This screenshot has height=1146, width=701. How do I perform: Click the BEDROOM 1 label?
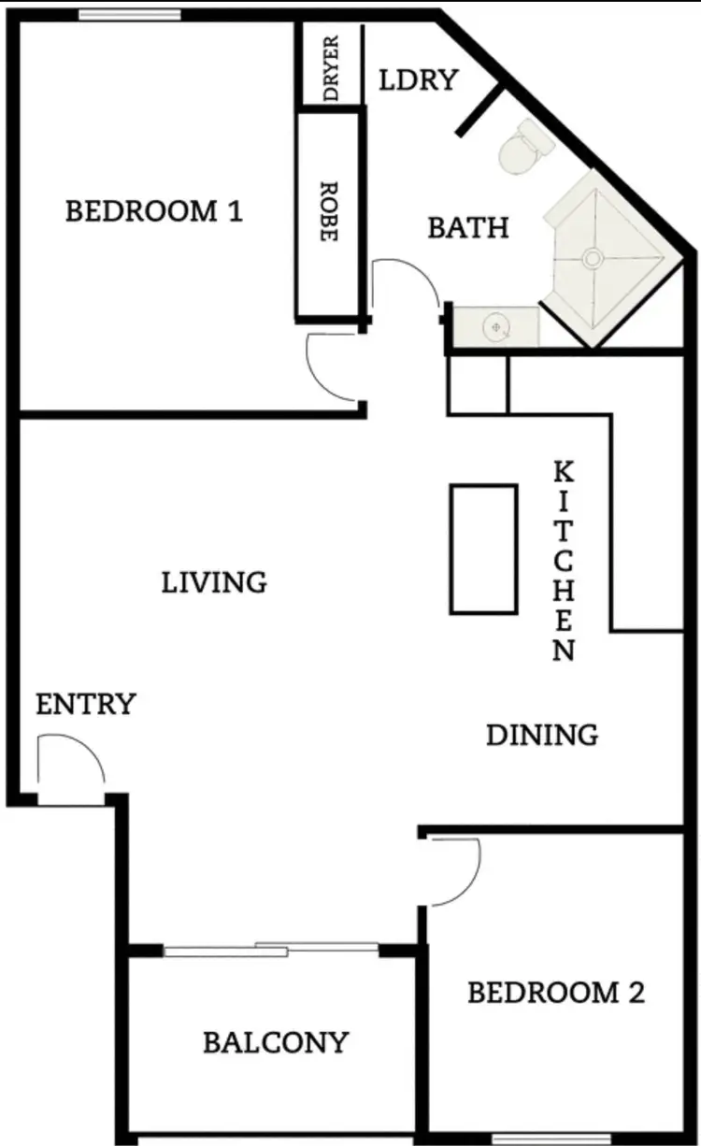[153, 211]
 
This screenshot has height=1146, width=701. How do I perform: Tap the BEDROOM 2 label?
[555, 992]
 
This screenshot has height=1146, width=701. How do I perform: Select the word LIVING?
[214, 582]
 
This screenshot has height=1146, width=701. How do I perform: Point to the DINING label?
[542, 735]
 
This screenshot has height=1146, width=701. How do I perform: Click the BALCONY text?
[276, 1041]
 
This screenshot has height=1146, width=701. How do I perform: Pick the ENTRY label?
[86, 704]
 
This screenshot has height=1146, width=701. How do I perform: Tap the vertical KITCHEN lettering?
[564, 561]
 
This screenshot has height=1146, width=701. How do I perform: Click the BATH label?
[468, 227]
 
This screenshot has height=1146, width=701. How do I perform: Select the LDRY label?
[419, 80]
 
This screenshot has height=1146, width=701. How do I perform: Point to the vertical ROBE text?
[327, 212]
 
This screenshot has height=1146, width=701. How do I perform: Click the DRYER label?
[330, 66]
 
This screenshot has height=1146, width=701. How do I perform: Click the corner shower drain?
[591, 254]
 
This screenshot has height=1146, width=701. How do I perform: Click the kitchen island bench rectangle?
[483, 549]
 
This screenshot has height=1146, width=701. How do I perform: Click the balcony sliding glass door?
[271, 950]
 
